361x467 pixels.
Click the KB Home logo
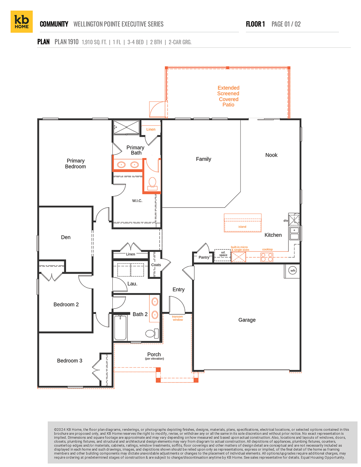pos(22,22)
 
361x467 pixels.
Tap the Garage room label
pos(247,320)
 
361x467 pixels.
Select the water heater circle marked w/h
pos(293,271)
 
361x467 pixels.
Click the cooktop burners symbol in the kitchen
pos(267,257)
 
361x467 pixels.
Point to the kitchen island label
pos(242,227)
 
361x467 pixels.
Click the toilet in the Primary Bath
pos(152,183)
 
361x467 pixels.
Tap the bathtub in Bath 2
pos(120,328)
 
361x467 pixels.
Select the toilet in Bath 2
pos(151,333)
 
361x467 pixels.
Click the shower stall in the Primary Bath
pos(126,127)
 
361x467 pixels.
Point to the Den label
pos(66,237)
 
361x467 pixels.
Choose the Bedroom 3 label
pos(70,361)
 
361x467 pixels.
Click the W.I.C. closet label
pos(137,201)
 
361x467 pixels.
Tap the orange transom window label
pos(178,318)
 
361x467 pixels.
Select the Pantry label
pos(204,257)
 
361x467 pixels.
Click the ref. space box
pos(223,255)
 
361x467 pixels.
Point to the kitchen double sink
pos(294,233)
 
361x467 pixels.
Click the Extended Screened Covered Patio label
pos(228,96)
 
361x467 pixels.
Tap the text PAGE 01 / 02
pos(286,24)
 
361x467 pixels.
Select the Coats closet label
pos(156,265)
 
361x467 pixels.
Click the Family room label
pos(204,159)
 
